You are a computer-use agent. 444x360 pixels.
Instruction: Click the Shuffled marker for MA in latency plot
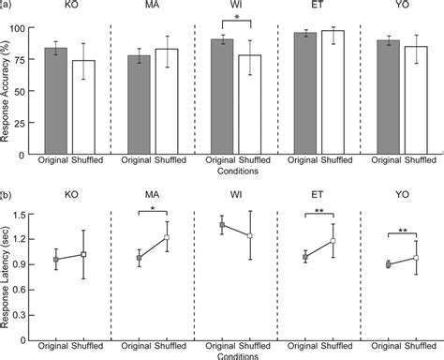167,237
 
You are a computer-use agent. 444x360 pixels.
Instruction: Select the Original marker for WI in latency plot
222,225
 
